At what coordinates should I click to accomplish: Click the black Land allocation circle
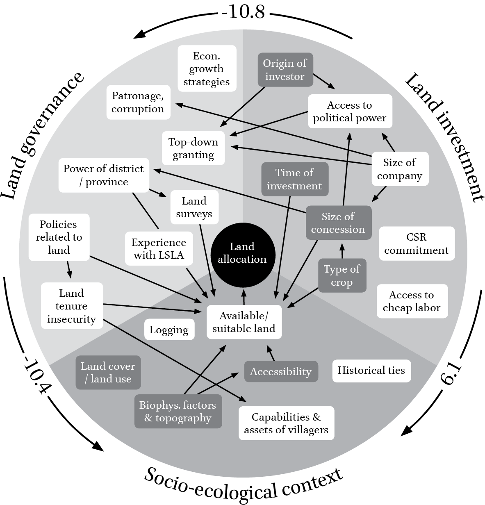point(242,253)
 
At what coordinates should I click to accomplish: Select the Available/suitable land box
point(244,322)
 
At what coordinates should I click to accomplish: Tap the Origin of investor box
point(285,70)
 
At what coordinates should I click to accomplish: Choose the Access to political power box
point(350,111)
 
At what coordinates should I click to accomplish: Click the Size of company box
point(399,169)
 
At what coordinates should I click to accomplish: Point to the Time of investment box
point(294,179)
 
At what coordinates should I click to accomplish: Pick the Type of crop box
point(342,275)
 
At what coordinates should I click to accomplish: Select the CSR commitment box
point(417,243)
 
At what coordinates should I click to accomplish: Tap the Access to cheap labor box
point(412,301)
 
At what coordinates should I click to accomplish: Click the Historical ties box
point(371,371)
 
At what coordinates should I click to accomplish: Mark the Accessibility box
point(281,371)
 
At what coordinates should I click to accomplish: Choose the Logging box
point(169,330)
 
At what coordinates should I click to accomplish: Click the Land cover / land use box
point(108,372)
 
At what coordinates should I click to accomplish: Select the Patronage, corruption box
point(138,102)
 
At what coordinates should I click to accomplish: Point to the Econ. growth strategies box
point(207,68)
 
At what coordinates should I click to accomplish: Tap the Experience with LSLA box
point(159,248)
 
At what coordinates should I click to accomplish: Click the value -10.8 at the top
point(244,12)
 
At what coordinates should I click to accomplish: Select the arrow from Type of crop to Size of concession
point(342,250)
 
